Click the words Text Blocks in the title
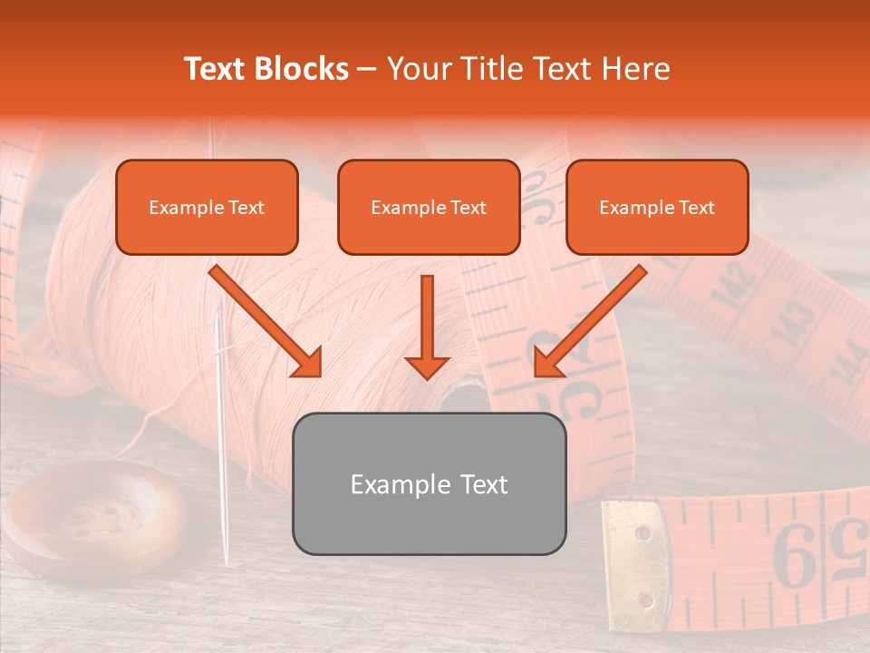[x=266, y=69]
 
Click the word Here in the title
[x=637, y=69]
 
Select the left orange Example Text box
[x=207, y=208]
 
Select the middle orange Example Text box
[x=429, y=208]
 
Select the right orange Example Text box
[x=657, y=208]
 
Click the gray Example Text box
[x=429, y=484]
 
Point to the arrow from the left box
[x=266, y=321]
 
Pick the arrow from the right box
[x=590, y=321]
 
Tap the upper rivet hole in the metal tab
[x=643, y=532]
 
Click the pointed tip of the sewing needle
[x=226, y=564]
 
